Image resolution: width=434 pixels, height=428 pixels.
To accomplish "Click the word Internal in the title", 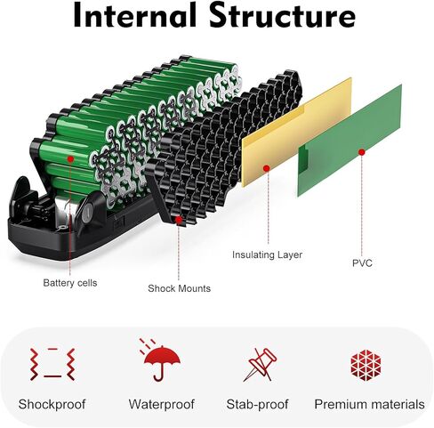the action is [x=135, y=15].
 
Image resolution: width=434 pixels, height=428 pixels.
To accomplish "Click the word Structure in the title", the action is [x=283, y=15].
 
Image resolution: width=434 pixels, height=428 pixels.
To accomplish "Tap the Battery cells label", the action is [x=70, y=283].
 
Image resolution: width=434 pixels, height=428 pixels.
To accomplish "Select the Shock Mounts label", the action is [x=179, y=288].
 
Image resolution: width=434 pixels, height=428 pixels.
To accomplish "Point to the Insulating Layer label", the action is [x=267, y=255].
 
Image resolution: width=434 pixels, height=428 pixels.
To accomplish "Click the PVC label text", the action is [x=362, y=263].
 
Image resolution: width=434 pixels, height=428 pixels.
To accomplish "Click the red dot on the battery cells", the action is [x=70, y=159].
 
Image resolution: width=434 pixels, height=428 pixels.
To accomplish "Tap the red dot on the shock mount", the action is [x=179, y=220].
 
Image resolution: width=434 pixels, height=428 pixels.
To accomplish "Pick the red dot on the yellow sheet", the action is [x=267, y=168].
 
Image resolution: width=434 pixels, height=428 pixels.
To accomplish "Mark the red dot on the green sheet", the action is [x=361, y=152].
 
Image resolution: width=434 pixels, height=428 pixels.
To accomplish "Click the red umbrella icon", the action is [x=162, y=360].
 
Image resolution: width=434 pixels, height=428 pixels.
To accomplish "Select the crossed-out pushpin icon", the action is [x=261, y=365].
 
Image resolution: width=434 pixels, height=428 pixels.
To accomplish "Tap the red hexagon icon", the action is [x=366, y=365].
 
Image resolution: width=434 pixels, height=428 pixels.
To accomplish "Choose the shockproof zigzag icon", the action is [x=52, y=365].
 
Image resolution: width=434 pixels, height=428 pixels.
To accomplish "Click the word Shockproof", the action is [x=52, y=405].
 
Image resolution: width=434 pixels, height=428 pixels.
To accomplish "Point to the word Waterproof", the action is [x=162, y=404].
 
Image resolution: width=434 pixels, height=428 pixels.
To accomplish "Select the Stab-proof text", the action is [x=257, y=405].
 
